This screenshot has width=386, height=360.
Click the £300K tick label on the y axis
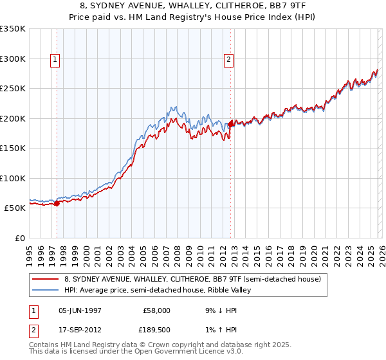tap(13, 59)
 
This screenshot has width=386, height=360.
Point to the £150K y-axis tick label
tap(13, 148)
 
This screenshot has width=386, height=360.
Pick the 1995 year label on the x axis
tap(30, 255)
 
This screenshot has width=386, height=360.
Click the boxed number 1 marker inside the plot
tap(55, 60)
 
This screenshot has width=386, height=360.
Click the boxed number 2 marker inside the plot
tap(228, 60)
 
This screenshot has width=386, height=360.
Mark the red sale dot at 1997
tap(57, 203)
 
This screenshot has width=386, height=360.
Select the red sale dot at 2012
tap(230, 125)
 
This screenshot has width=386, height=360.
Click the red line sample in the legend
tap(46, 279)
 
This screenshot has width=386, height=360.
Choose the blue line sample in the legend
tap(46, 290)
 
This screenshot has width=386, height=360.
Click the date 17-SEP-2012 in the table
tap(80, 330)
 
